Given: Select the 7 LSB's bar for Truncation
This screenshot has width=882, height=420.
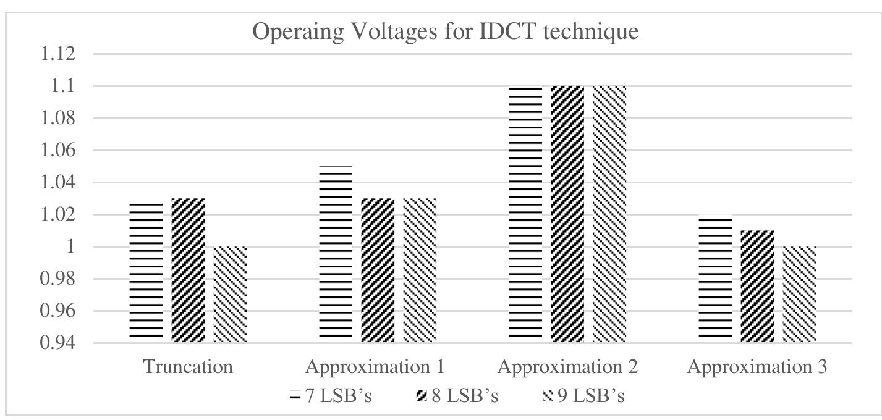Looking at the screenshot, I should pyautogui.click(x=146, y=272).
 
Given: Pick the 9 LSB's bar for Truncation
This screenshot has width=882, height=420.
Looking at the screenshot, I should pyautogui.click(x=230, y=295).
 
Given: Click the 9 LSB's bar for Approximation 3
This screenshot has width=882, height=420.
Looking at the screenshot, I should pyautogui.click(x=800, y=295).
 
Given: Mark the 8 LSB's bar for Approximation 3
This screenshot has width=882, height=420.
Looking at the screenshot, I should pyautogui.click(x=757, y=287).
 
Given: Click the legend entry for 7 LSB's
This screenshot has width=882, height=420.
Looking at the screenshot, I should pyautogui.click(x=331, y=396).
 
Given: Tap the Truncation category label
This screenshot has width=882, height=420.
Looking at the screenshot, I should pyautogui.click(x=189, y=367).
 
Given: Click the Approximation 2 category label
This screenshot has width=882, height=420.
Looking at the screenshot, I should pyautogui.click(x=568, y=367).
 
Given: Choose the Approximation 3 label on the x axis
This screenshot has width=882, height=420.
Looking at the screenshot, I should pyautogui.click(x=758, y=367).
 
